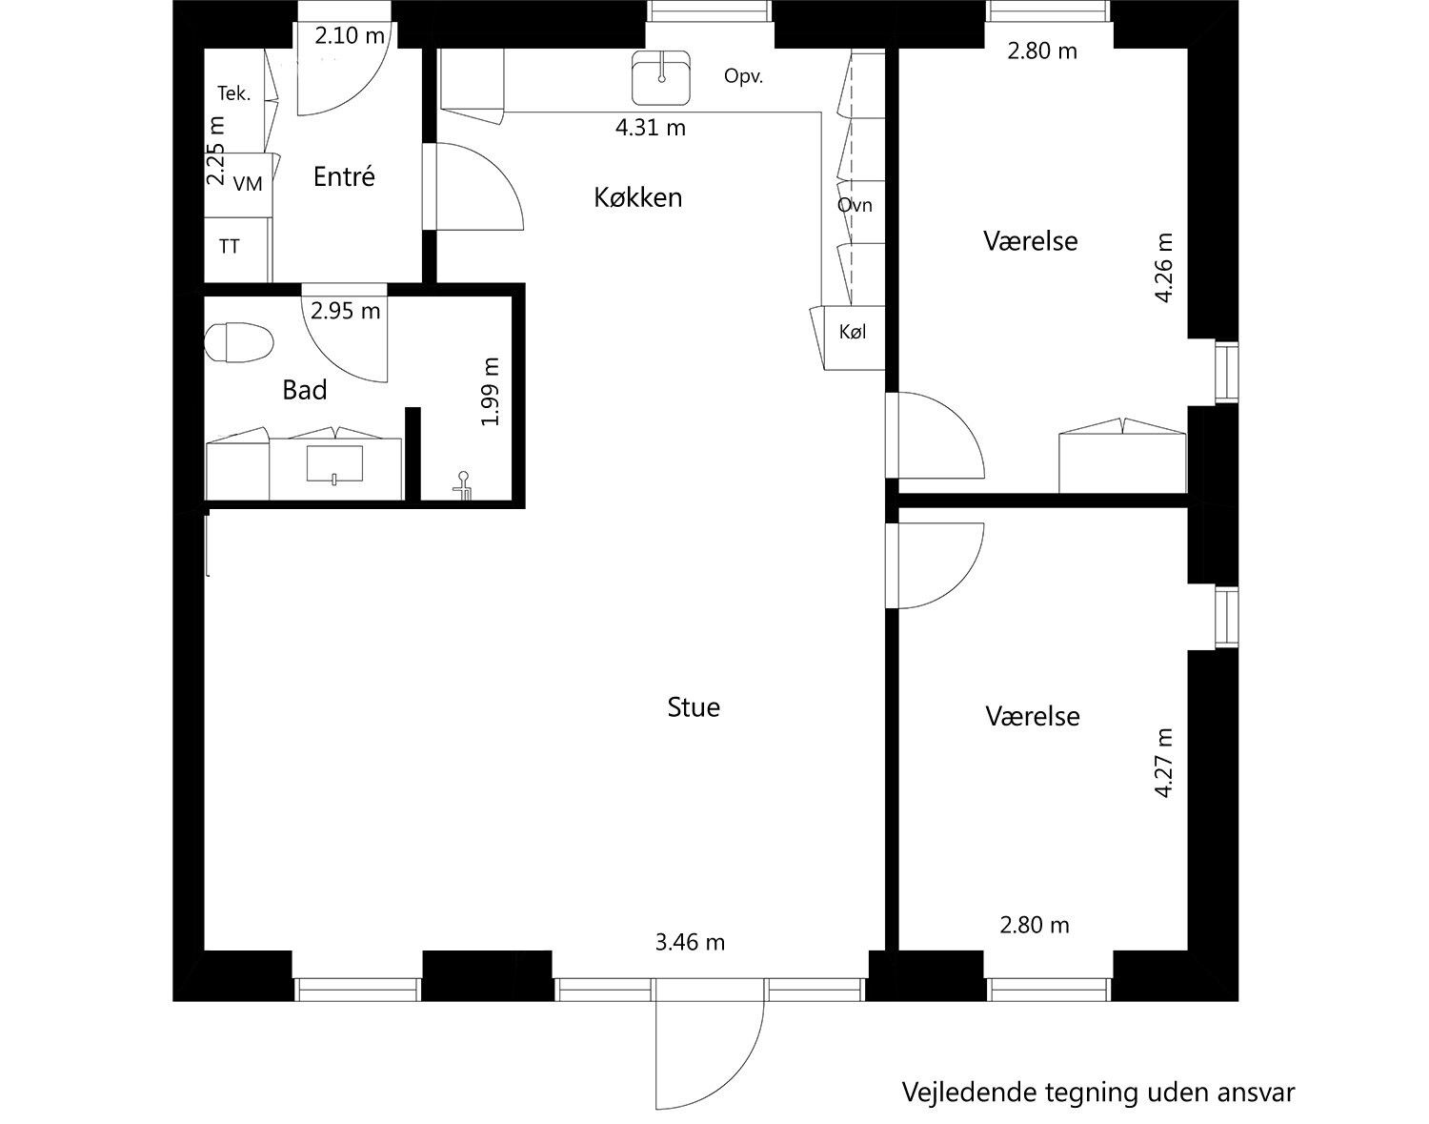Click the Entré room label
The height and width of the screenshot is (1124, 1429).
click(344, 176)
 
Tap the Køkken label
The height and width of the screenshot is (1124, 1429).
click(638, 197)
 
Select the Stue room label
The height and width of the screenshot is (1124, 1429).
click(694, 707)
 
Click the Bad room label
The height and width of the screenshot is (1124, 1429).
click(305, 390)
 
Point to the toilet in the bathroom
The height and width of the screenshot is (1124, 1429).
click(239, 342)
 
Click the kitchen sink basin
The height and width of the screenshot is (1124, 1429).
click(661, 77)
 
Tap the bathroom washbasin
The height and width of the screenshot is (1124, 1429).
click(334, 464)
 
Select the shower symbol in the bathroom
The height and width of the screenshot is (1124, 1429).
click(463, 485)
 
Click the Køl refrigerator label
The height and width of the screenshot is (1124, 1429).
click(853, 333)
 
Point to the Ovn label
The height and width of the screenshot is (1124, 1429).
click(855, 205)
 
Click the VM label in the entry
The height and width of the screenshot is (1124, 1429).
click(248, 184)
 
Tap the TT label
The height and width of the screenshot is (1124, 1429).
click(229, 247)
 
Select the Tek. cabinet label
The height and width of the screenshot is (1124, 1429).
click(234, 93)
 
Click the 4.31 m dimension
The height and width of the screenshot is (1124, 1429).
click(651, 128)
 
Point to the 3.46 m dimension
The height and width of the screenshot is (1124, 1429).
click(690, 942)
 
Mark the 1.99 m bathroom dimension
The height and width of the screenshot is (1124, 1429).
click(490, 392)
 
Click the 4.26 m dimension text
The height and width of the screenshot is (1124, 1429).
click(1163, 267)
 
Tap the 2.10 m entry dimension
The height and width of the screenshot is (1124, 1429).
click(350, 35)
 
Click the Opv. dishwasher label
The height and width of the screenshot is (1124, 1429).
click(744, 76)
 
